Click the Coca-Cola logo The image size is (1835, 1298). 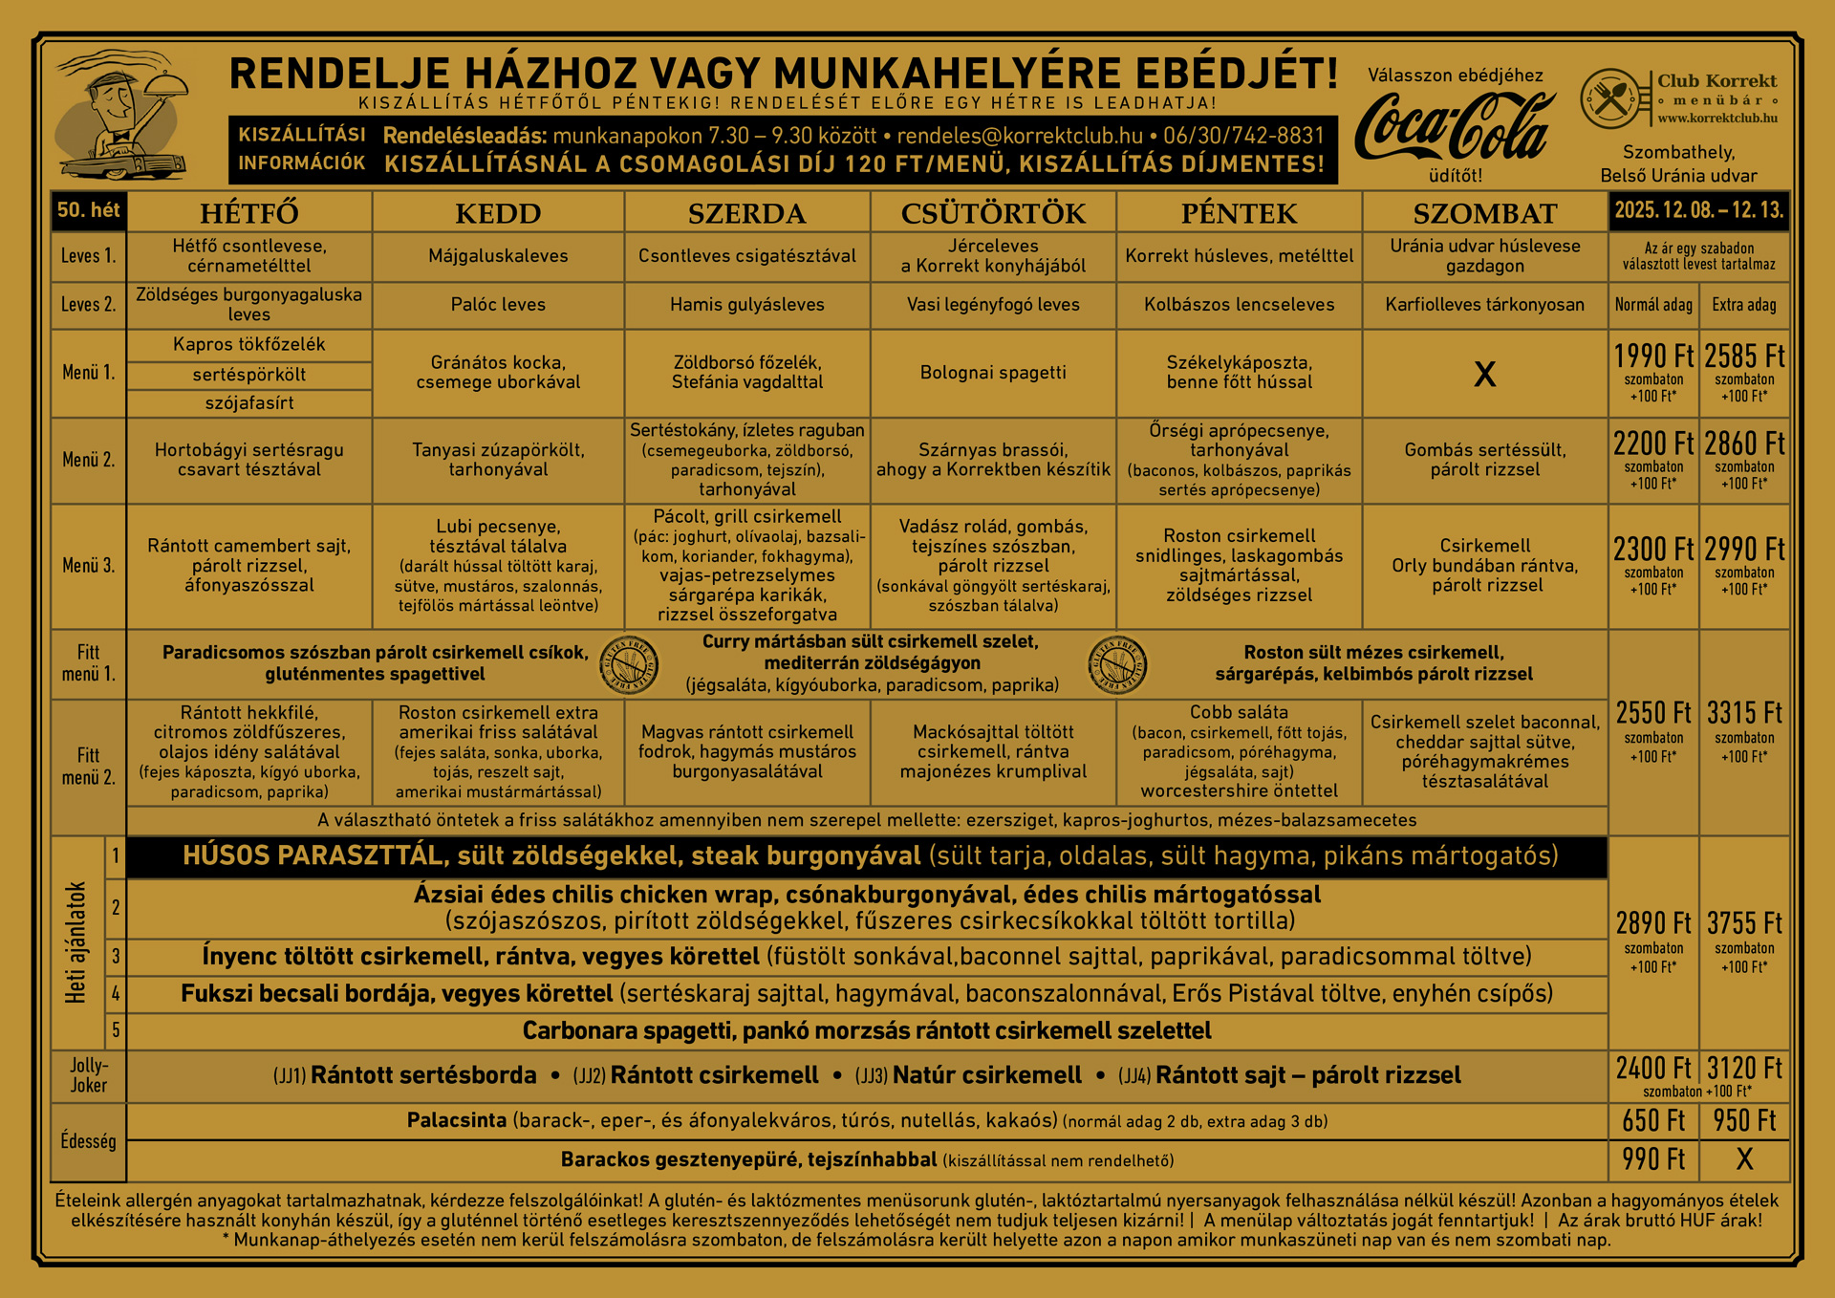pyautogui.click(x=1454, y=128)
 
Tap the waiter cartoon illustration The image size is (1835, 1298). pyautogui.click(x=121, y=117)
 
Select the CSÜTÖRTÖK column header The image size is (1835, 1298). pyautogui.click(x=993, y=213)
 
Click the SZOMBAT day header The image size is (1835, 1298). pyautogui.click(x=1484, y=213)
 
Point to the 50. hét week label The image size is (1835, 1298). pyautogui.click(x=88, y=210)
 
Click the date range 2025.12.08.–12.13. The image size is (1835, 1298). pyautogui.click(x=1698, y=210)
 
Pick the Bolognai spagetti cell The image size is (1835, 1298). pyautogui.click(x=993, y=373)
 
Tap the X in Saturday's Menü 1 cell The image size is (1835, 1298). pyautogui.click(x=1484, y=374)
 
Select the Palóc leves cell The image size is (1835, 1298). pyautogui.click(x=498, y=305)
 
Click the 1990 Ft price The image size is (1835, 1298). pyautogui.click(x=1653, y=357)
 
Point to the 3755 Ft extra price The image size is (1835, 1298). pyautogui.click(x=1744, y=923)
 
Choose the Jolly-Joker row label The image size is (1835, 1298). pyautogui.click(x=88, y=1075)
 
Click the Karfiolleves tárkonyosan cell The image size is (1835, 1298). pyautogui.click(x=1484, y=305)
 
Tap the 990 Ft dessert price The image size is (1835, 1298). pyautogui.click(x=1653, y=1159)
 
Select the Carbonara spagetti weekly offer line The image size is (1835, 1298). pyautogui.click(x=866, y=1030)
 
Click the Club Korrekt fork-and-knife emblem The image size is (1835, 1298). pyautogui.click(x=1610, y=98)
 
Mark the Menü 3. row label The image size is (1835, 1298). pyautogui.click(x=88, y=566)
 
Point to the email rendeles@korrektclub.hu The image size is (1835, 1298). pyautogui.click(x=1020, y=136)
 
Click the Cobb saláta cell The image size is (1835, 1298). pyautogui.click(x=1239, y=751)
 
